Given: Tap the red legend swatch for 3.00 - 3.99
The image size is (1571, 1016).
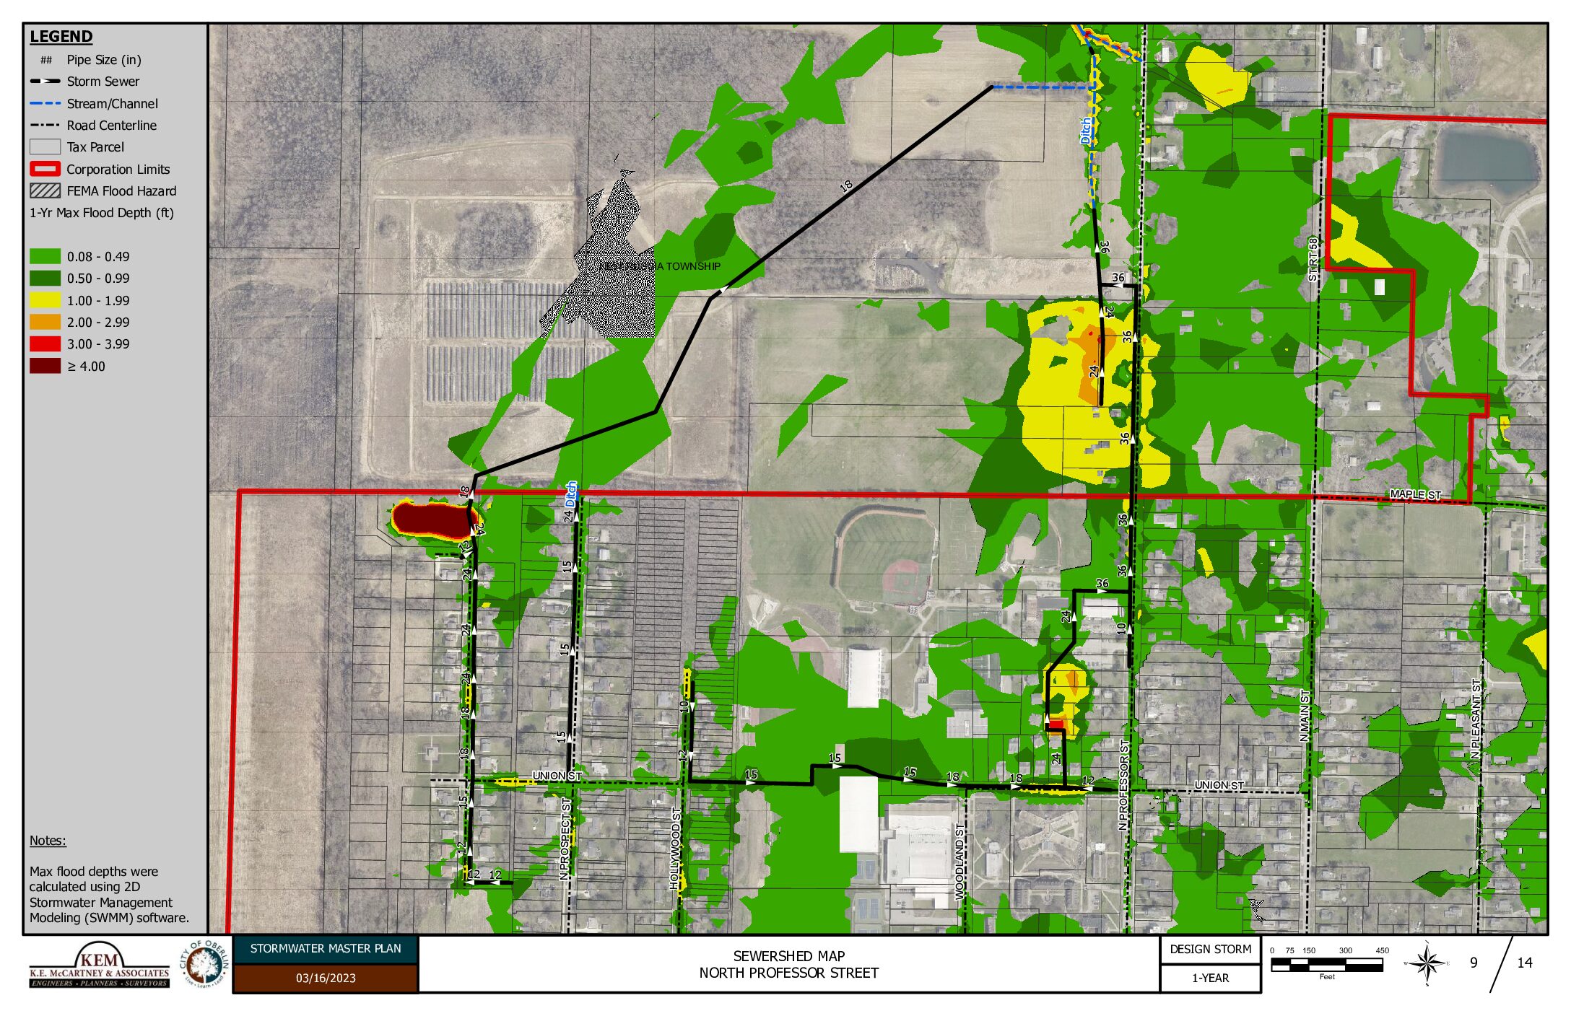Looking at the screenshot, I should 45,344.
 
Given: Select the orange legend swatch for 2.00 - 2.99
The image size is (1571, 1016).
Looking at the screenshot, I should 45,323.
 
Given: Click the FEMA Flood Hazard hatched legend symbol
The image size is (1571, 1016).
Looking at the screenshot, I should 45,191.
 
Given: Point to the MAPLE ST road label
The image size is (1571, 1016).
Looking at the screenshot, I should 1415,494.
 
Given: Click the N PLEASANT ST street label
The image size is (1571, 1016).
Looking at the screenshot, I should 1476,719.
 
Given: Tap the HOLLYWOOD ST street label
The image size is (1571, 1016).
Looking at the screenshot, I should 675,849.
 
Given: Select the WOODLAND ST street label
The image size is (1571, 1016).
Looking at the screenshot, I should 959,861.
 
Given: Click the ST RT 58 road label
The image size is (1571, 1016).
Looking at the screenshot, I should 1313,259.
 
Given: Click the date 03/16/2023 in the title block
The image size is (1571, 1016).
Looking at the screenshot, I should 326,978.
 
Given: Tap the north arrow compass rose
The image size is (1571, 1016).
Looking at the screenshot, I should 1427,963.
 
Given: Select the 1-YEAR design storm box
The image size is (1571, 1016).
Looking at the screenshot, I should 1210,978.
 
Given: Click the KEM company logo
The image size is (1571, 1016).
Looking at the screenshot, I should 100,965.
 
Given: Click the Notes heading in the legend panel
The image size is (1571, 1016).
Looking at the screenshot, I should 48,841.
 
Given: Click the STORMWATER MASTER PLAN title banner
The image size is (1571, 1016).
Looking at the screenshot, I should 326,949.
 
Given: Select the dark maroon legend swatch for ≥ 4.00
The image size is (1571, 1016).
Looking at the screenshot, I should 45,367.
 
